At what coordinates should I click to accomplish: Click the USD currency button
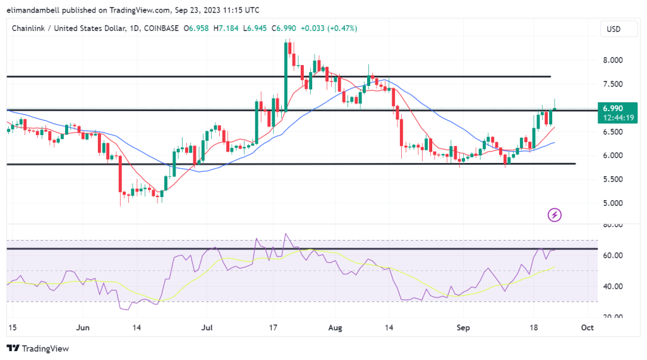(613, 29)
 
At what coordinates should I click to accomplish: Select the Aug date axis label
(336, 328)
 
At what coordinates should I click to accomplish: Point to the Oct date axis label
(587, 328)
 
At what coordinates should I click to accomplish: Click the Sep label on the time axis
(462, 328)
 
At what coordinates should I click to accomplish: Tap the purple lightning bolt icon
(555, 215)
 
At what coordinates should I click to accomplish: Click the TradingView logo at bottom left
(37, 348)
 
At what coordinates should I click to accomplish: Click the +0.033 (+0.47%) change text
(328, 28)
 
